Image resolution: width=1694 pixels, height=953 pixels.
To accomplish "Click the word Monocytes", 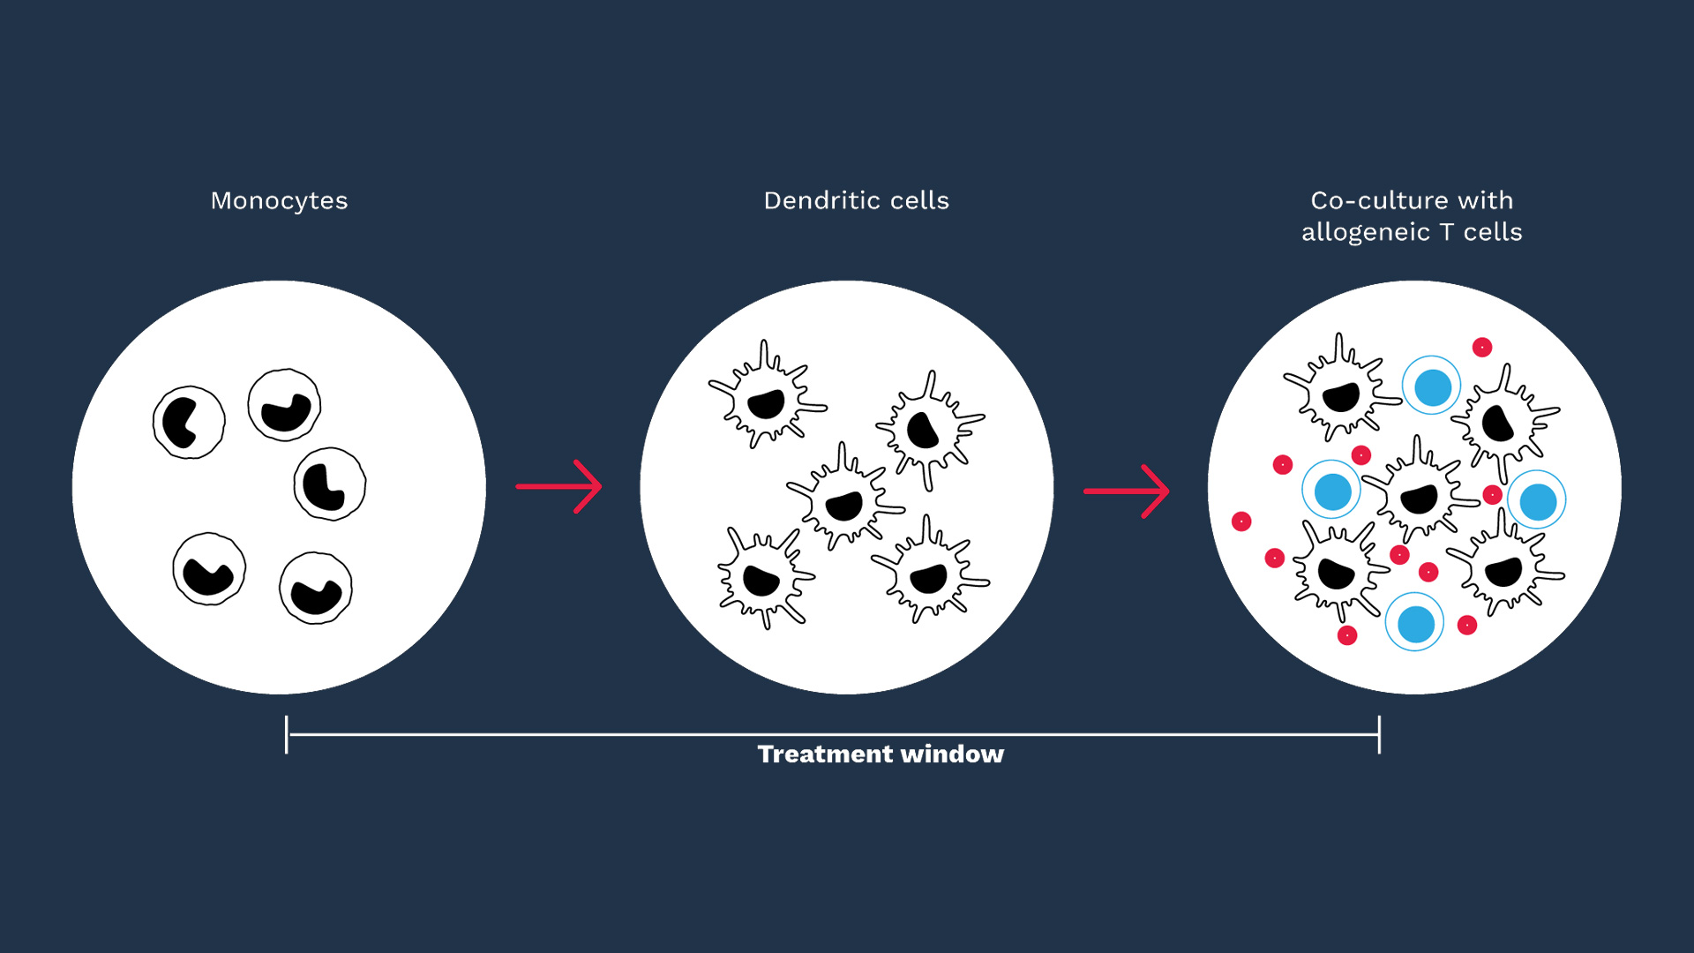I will point(279,201).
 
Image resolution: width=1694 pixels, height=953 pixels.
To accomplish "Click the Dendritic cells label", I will point(856,201).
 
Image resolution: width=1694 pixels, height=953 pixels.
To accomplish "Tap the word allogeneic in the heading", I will point(1365,232).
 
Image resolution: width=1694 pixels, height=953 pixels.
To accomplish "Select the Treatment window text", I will point(881,754).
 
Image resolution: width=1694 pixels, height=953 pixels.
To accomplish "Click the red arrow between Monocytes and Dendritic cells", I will point(559,486).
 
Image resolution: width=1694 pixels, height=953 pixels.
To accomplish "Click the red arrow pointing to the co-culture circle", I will point(1127,492).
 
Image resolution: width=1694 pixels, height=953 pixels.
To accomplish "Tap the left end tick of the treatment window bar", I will point(287,734).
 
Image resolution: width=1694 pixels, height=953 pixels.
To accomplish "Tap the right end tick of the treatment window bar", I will point(1379,734).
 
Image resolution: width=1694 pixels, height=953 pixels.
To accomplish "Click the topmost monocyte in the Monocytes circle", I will point(284,405).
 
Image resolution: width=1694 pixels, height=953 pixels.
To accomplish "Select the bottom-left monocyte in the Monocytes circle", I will point(209,569).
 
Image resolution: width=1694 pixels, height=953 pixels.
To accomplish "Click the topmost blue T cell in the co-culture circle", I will point(1432,386).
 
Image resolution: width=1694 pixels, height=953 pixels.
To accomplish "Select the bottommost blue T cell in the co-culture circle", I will point(1414,623).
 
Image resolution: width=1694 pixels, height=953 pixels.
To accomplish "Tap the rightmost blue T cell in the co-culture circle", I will point(1537,500).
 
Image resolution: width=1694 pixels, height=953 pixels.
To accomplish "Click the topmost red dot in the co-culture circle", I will point(1482,348).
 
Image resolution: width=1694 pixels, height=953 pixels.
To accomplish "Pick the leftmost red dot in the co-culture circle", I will point(1241,522).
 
